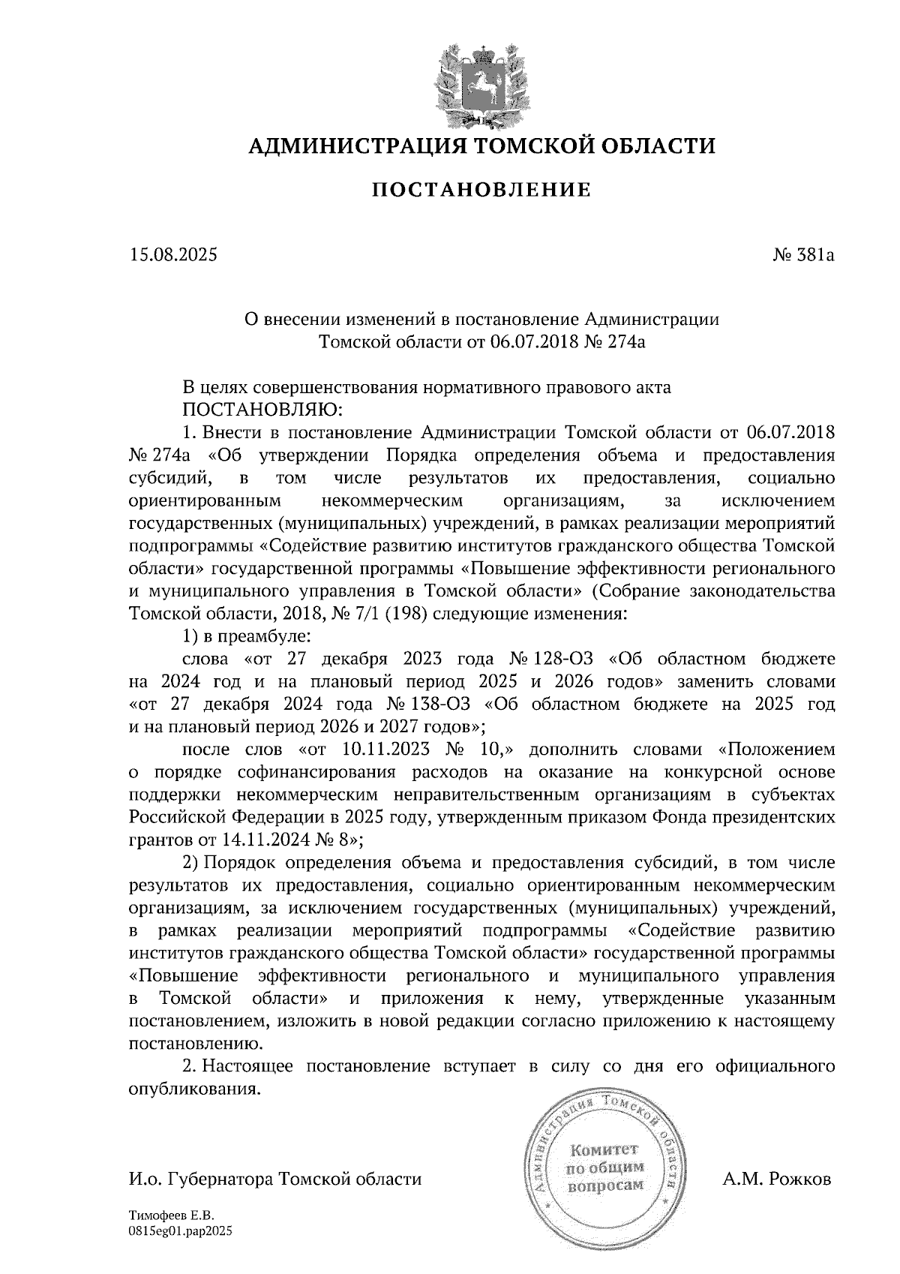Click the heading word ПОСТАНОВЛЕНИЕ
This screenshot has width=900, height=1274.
pyautogui.click(x=481, y=190)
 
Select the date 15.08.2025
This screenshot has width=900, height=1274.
pyautogui.click(x=172, y=255)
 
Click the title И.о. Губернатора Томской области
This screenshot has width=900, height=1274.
pyautogui.click(x=274, y=1179)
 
